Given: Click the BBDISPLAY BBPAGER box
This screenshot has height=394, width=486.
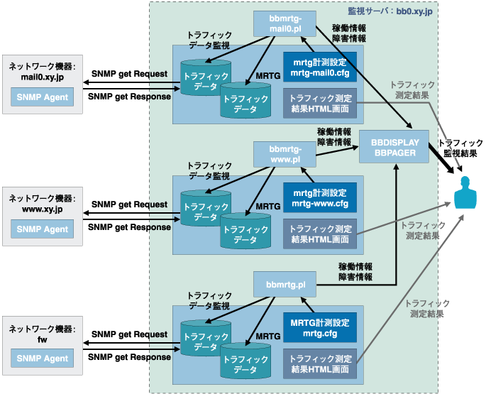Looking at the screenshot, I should [394, 147].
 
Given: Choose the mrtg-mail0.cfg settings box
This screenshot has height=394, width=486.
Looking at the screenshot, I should [319, 68].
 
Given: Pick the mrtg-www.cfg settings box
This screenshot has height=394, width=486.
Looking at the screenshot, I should [319, 198].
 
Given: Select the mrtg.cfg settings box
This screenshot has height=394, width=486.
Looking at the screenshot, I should [319, 329].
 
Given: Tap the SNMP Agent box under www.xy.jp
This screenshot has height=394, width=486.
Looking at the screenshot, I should [42, 229].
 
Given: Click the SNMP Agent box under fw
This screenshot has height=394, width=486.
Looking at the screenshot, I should [42, 359].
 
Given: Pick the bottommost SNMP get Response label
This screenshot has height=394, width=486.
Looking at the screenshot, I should [129, 356].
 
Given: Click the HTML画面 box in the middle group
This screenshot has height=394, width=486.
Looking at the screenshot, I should [319, 234].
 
